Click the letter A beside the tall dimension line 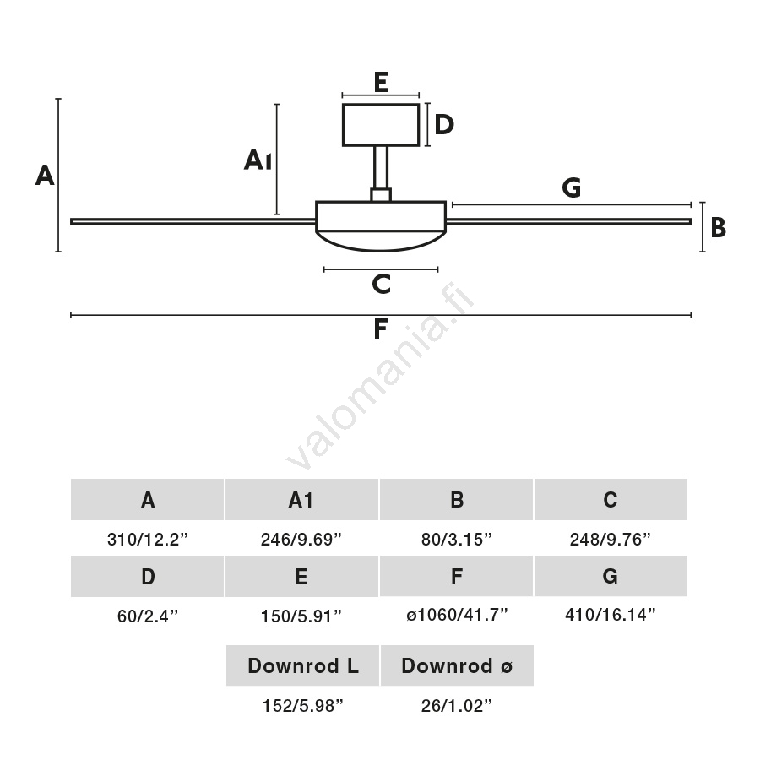(x=45, y=176)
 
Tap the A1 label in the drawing (x=258, y=160)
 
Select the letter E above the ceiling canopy (x=380, y=83)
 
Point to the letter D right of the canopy (x=444, y=125)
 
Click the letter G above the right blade (x=572, y=188)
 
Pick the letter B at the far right (x=718, y=228)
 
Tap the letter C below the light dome (x=381, y=285)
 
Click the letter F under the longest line (x=381, y=329)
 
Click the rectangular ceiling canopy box (x=381, y=125)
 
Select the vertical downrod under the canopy (x=381, y=167)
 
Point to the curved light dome (x=381, y=240)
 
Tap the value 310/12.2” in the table (x=148, y=540)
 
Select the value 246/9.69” (x=301, y=540)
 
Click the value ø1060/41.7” (x=457, y=616)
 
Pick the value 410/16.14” (x=611, y=615)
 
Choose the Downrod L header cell (x=302, y=665)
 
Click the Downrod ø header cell (x=457, y=665)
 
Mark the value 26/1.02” (x=457, y=706)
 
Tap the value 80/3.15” (x=457, y=540)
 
